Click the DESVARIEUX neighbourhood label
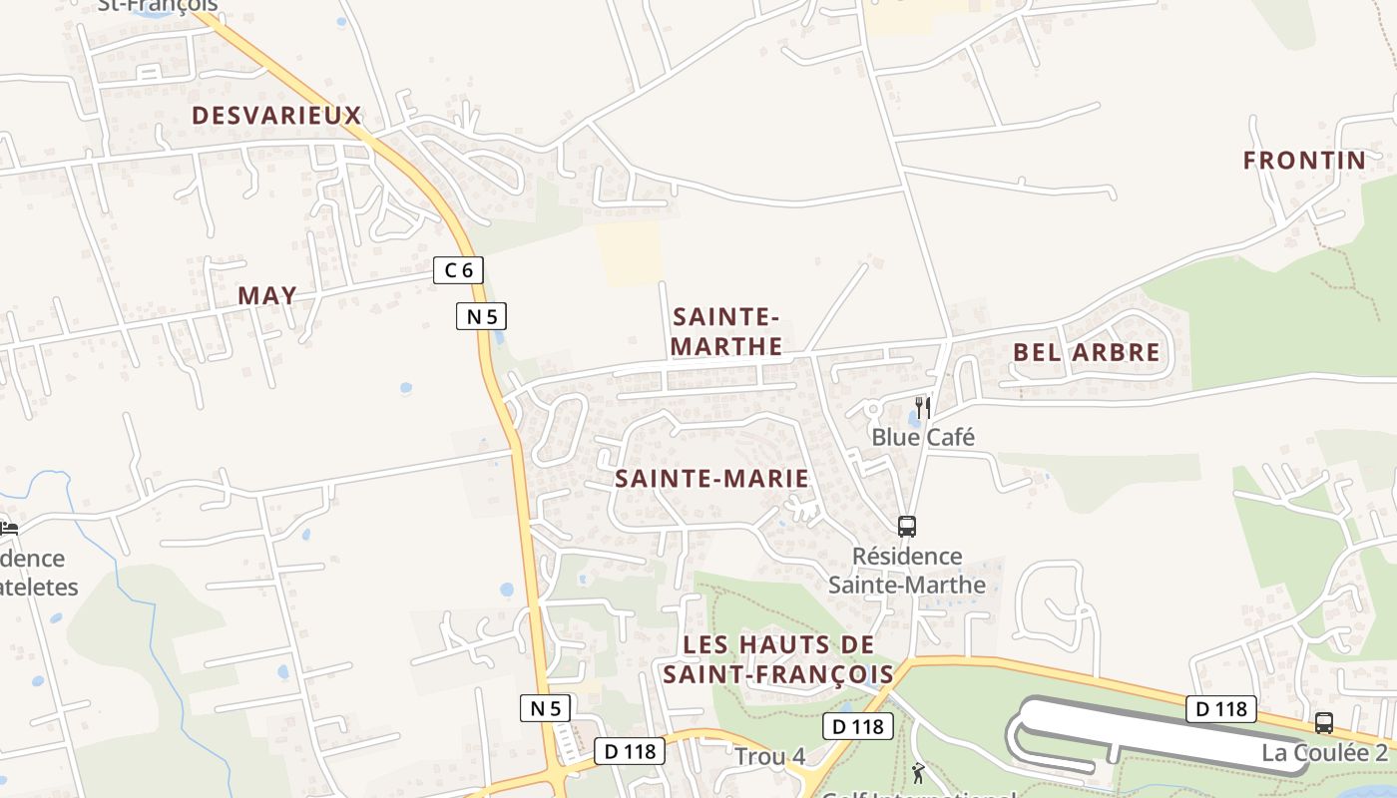[276, 116]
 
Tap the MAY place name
[267, 295]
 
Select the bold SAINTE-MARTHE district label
[726, 332]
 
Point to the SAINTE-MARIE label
[711, 479]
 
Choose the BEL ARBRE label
[1087, 352]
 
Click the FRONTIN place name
[1304, 161]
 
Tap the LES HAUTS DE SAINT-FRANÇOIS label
[778, 659]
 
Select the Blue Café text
[923, 437]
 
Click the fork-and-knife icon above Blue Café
[923, 408]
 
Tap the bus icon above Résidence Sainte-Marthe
[906, 526]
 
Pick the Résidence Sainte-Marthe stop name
[907, 571]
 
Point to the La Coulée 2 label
[1324, 752]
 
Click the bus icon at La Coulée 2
[1324, 723]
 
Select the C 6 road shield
[459, 269]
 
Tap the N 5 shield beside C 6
[482, 316]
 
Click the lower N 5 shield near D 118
[546, 708]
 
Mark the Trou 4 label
[769, 756]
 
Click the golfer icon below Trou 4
[918, 772]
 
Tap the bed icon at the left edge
[9, 527]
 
